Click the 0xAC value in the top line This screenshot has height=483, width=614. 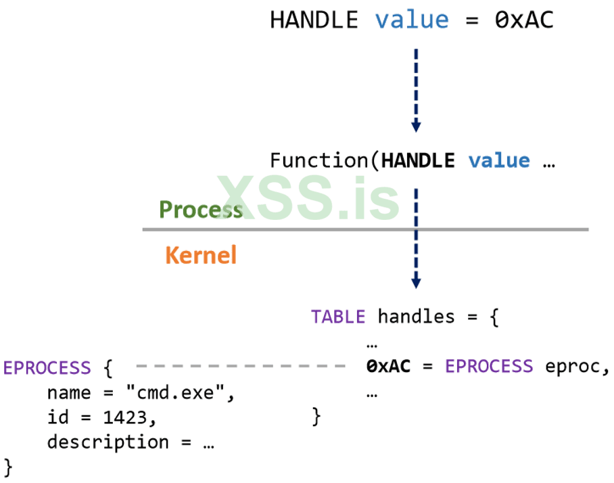point(524,20)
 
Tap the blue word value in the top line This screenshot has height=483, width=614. point(412,20)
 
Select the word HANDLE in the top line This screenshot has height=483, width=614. point(314,20)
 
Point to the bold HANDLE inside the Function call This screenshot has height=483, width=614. point(418,161)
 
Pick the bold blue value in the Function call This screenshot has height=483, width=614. point(499,161)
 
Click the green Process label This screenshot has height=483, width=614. point(201,210)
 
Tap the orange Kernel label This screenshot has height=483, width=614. point(201,255)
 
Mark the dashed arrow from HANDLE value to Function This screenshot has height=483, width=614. point(416,85)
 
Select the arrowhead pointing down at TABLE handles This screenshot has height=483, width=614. point(416,281)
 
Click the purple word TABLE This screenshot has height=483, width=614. point(338,317)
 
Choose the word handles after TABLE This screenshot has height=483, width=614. point(416,317)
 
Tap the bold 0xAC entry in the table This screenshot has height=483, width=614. point(388,367)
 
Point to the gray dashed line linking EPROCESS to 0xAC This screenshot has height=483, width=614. point(240,367)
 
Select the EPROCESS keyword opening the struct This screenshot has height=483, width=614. point(47,368)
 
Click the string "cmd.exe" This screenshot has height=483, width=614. point(190,393)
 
